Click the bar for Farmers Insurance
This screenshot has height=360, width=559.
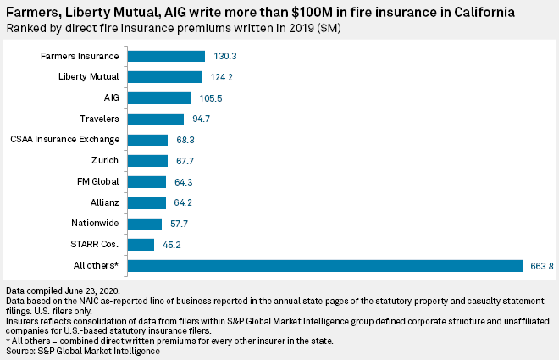pos(167,56)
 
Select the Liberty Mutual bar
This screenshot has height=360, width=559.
pos(165,77)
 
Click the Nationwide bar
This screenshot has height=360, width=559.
pos(145,224)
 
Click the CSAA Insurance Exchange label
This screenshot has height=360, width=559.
pos(64,140)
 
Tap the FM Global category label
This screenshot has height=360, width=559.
pos(97,182)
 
